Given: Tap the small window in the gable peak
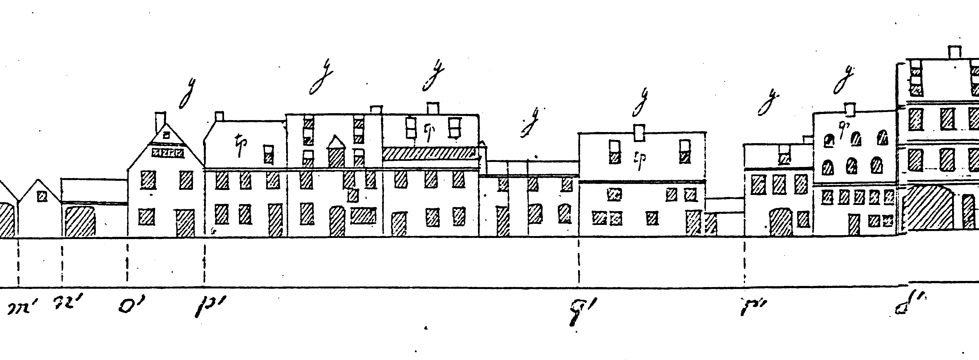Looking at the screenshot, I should [166, 135].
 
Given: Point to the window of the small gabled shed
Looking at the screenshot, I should [41, 197].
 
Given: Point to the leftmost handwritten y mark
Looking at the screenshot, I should [185, 93].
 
